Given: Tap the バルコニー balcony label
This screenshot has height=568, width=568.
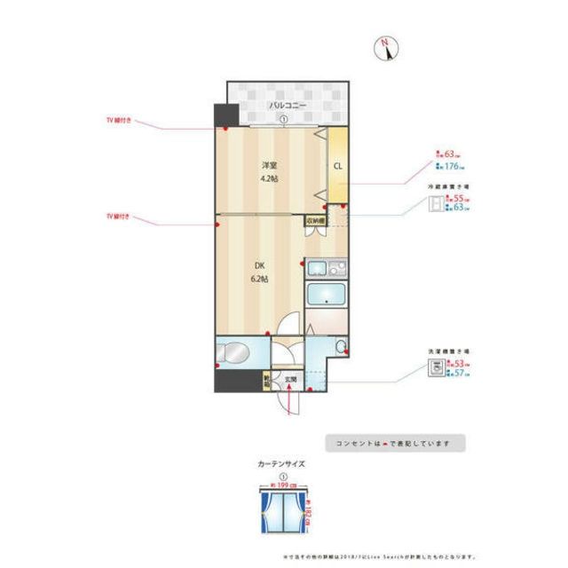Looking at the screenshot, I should [x=288, y=106].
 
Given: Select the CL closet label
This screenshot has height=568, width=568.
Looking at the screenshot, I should [x=338, y=166].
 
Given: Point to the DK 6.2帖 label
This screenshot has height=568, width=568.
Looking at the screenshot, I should [x=262, y=272].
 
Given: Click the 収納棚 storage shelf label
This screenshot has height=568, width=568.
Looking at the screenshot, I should [x=316, y=220].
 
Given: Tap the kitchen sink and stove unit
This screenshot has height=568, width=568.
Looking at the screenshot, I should [x=325, y=267].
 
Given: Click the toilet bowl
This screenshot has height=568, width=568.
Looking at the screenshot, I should [x=342, y=346].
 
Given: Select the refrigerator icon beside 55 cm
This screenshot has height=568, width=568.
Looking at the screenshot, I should [x=434, y=206].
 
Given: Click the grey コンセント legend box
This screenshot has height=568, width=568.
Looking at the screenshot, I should [x=395, y=442].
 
